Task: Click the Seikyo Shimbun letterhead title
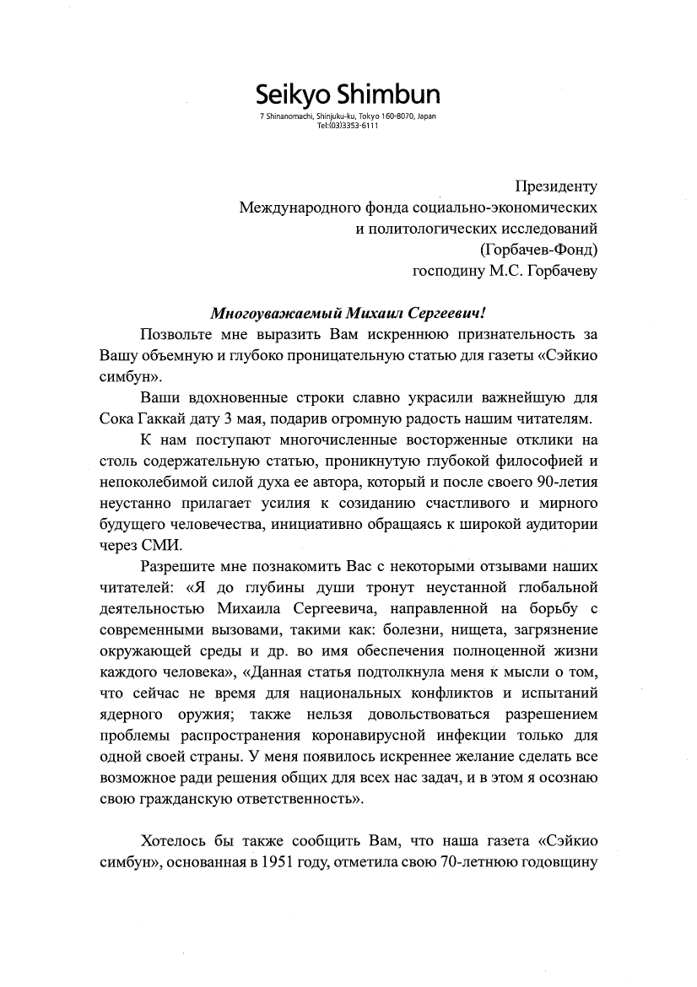point(348,94)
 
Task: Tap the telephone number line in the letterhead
point(348,125)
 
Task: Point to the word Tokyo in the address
point(370,116)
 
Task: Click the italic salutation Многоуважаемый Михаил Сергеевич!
point(348,313)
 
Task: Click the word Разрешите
point(180,566)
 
